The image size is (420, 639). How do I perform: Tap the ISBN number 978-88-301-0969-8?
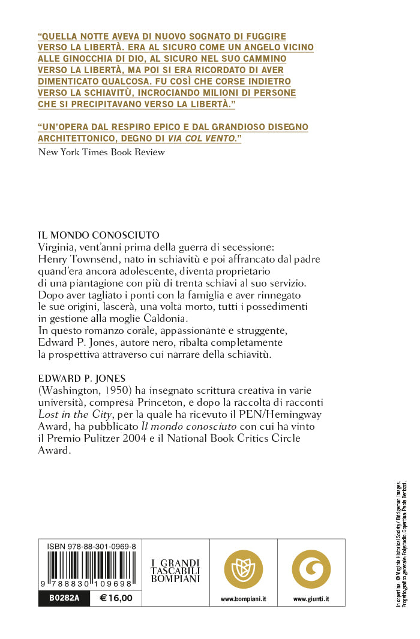pyautogui.click(x=91, y=547)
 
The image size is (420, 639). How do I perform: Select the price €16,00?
pyautogui.click(x=115, y=598)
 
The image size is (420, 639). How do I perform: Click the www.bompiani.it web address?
pyautogui.click(x=243, y=599)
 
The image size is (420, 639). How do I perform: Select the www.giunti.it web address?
pyautogui.click(x=311, y=599)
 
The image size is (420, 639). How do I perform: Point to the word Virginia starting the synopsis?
pyautogui.click(x=58, y=247)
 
